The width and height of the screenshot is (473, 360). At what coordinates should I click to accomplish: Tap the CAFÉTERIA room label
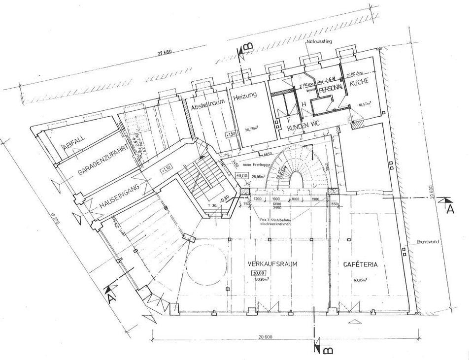tap(360, 264)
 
